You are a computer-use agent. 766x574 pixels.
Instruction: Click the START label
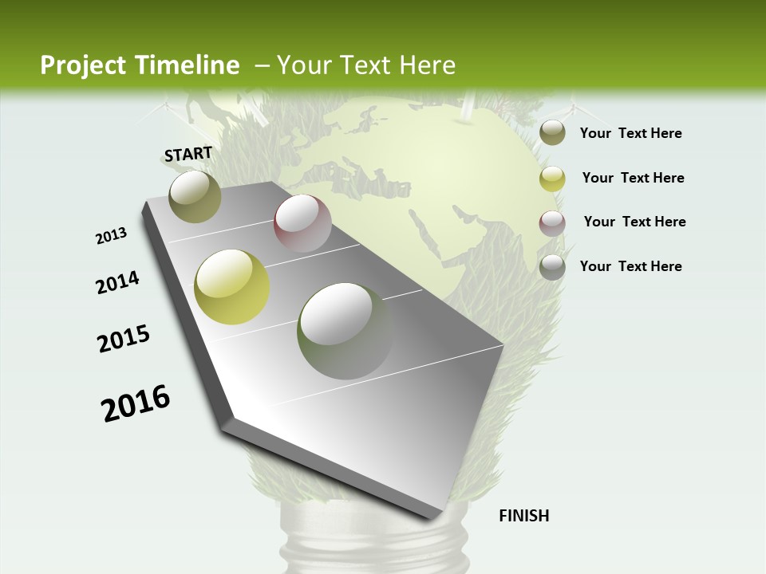click(x=188, y=154)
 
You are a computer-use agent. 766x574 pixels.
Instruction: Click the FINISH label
click(x=523, y=516)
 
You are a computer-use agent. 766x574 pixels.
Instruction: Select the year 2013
click(x=112, y=236)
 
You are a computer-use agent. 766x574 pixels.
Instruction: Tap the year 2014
click(x=118, y=282)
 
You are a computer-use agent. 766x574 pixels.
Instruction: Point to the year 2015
click(x=124, y=339)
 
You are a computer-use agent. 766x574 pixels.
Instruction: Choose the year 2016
click(x=136, y=403)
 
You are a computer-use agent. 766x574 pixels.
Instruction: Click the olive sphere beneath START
click(x=195, y=196)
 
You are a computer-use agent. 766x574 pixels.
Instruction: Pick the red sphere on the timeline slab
click(x=302, y=223)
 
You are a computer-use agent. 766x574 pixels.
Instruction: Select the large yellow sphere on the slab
click(x=232, y=287)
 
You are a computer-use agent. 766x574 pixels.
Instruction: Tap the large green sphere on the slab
click(x=345, y=331)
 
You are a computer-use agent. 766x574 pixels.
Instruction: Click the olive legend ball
click(x=552, y=133)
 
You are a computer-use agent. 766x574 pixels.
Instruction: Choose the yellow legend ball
click(x=552, y=179)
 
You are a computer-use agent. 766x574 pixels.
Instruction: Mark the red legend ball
click(x=552, y=223)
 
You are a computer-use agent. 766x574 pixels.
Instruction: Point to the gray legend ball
click(x=552, y=267)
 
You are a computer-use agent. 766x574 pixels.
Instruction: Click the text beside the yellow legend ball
click(x=633, y=178)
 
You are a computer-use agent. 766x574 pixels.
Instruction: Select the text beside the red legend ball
click(x=634, y=222)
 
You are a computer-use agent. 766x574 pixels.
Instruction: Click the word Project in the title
click(x=81, y=66)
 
